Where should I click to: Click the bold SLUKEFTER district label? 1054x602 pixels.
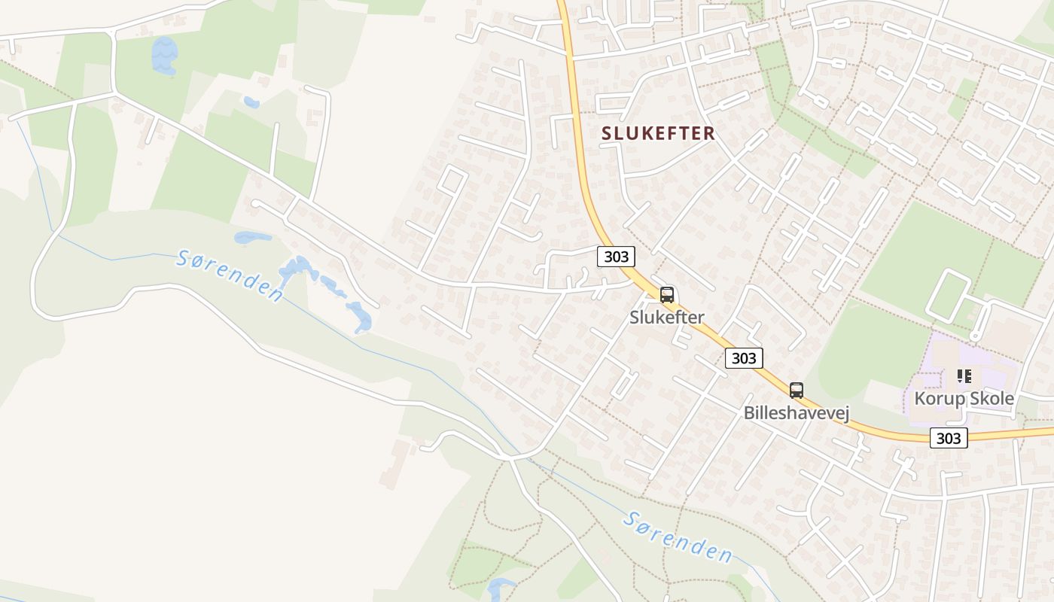pyautogui.click(x=658, y=133)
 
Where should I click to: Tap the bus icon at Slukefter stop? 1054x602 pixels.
pyautogui.click(x=666, y=295)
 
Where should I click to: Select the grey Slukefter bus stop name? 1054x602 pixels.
pyautogui.click(x=666, y=318)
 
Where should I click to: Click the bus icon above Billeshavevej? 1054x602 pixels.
pyautogui.click(x=796, y=390)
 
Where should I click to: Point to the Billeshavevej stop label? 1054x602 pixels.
pyautogui.click(x=796, y=412)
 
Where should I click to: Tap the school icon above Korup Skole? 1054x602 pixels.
pyautogui.click(x=964, y=375)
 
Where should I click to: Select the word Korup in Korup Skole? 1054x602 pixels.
pyautogui.click(x=938, y=398)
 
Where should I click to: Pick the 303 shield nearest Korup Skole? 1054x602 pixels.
pyautogui.click(x=948, y=438)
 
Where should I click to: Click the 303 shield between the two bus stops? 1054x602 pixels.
pyautogui.click(x=743, y=358)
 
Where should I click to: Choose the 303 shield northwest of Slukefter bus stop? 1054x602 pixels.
pyautogui.click(x=616, y=257)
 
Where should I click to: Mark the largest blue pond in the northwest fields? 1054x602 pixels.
pyautogui.click(x=164, y=56)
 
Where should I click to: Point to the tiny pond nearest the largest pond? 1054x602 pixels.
pyautogui.click(x=251, y=102)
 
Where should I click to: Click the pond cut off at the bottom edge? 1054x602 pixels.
pyautogui.click(x=501, y=589)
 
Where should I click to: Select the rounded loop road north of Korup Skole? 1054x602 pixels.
pyautogui.click(x=948, y=296)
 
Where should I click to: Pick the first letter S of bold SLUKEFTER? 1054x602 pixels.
pyautogui.click(x=607, y=133)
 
